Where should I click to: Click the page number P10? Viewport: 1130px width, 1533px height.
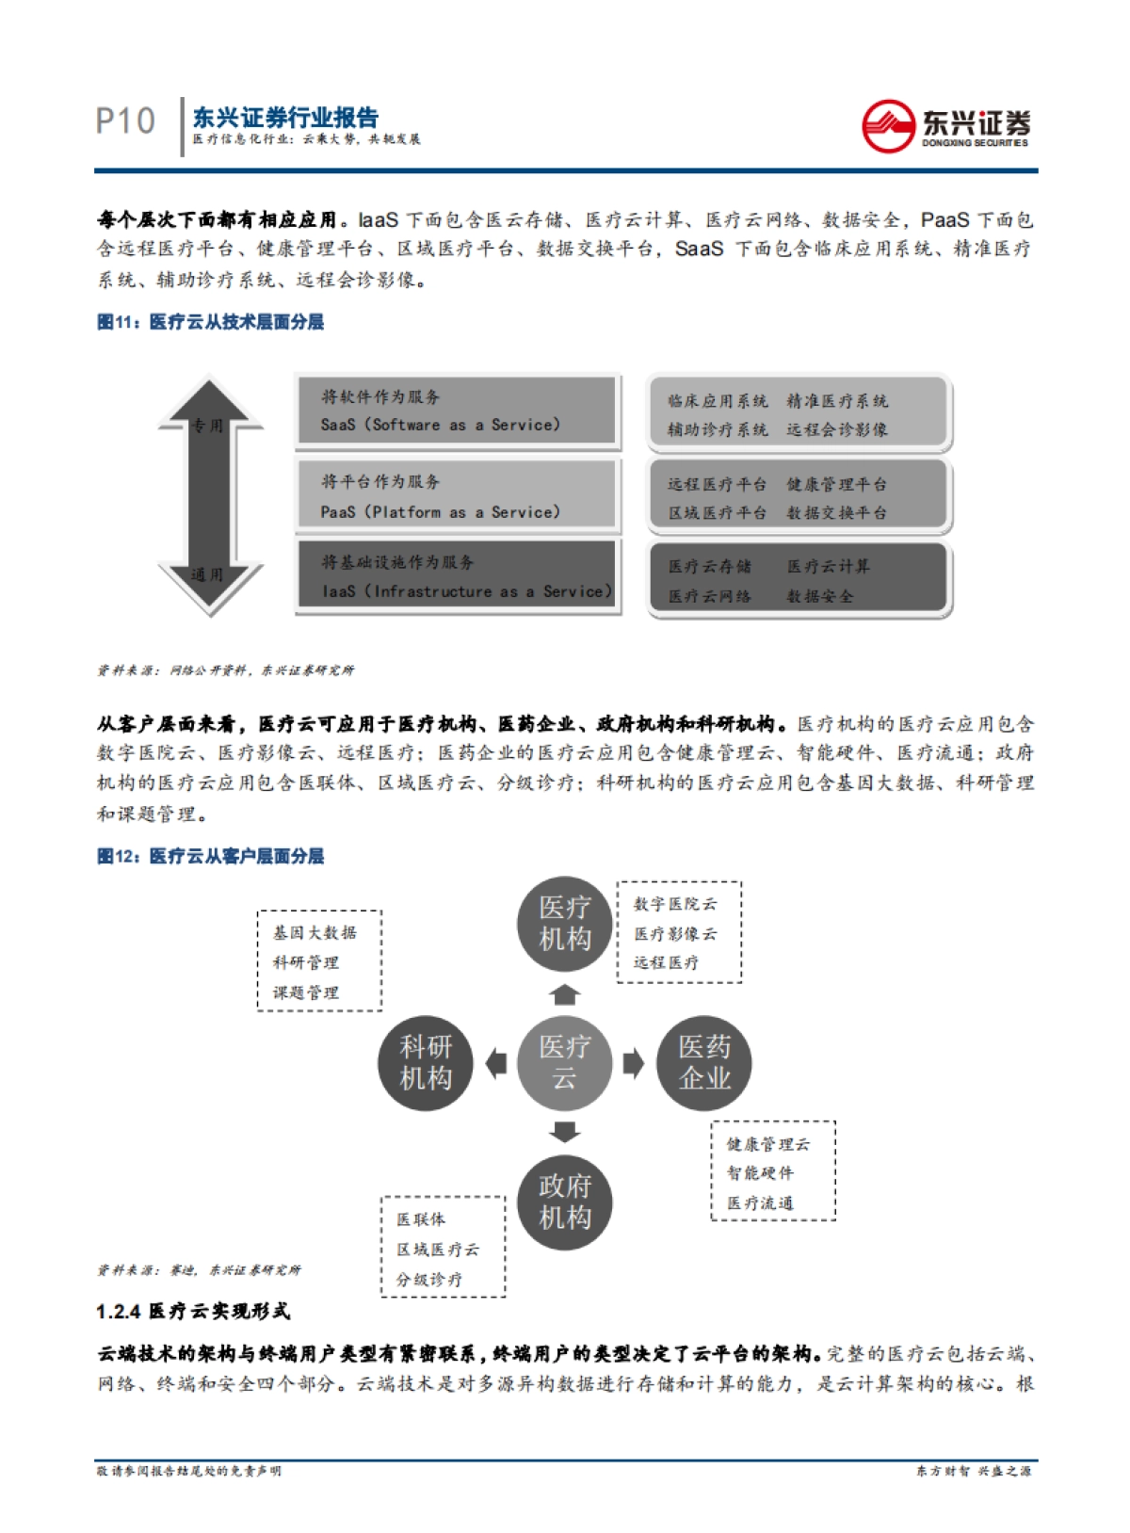125,121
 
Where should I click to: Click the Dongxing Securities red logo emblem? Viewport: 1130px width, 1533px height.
887,125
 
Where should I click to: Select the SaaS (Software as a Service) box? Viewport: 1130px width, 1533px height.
458,411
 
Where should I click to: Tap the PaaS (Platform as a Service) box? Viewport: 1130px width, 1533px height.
458,496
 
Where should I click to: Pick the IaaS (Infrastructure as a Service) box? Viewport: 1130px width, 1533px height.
458,576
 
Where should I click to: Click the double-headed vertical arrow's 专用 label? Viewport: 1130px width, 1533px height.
207,426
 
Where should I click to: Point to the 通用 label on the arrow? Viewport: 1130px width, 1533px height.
207,574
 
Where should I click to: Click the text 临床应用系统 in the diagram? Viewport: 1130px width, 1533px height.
718,401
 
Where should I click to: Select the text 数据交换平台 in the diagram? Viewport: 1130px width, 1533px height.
836,513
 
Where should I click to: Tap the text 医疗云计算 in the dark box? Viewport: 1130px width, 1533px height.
829,566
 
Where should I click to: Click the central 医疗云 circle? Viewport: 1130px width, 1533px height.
564,1062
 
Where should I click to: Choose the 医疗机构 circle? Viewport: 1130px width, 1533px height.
564,924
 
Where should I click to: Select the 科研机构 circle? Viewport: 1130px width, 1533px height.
426,1062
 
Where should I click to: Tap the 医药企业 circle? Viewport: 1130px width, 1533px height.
703,1062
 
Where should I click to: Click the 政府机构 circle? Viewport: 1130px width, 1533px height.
564,1202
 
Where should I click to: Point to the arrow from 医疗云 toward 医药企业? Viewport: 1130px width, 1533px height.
634,1062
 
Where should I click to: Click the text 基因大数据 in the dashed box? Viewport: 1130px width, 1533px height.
315,932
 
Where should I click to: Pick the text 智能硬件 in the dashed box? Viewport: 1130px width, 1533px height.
760,1173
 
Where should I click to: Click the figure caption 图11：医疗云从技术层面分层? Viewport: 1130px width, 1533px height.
211,322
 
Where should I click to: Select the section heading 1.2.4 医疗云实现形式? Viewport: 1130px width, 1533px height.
194,1311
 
